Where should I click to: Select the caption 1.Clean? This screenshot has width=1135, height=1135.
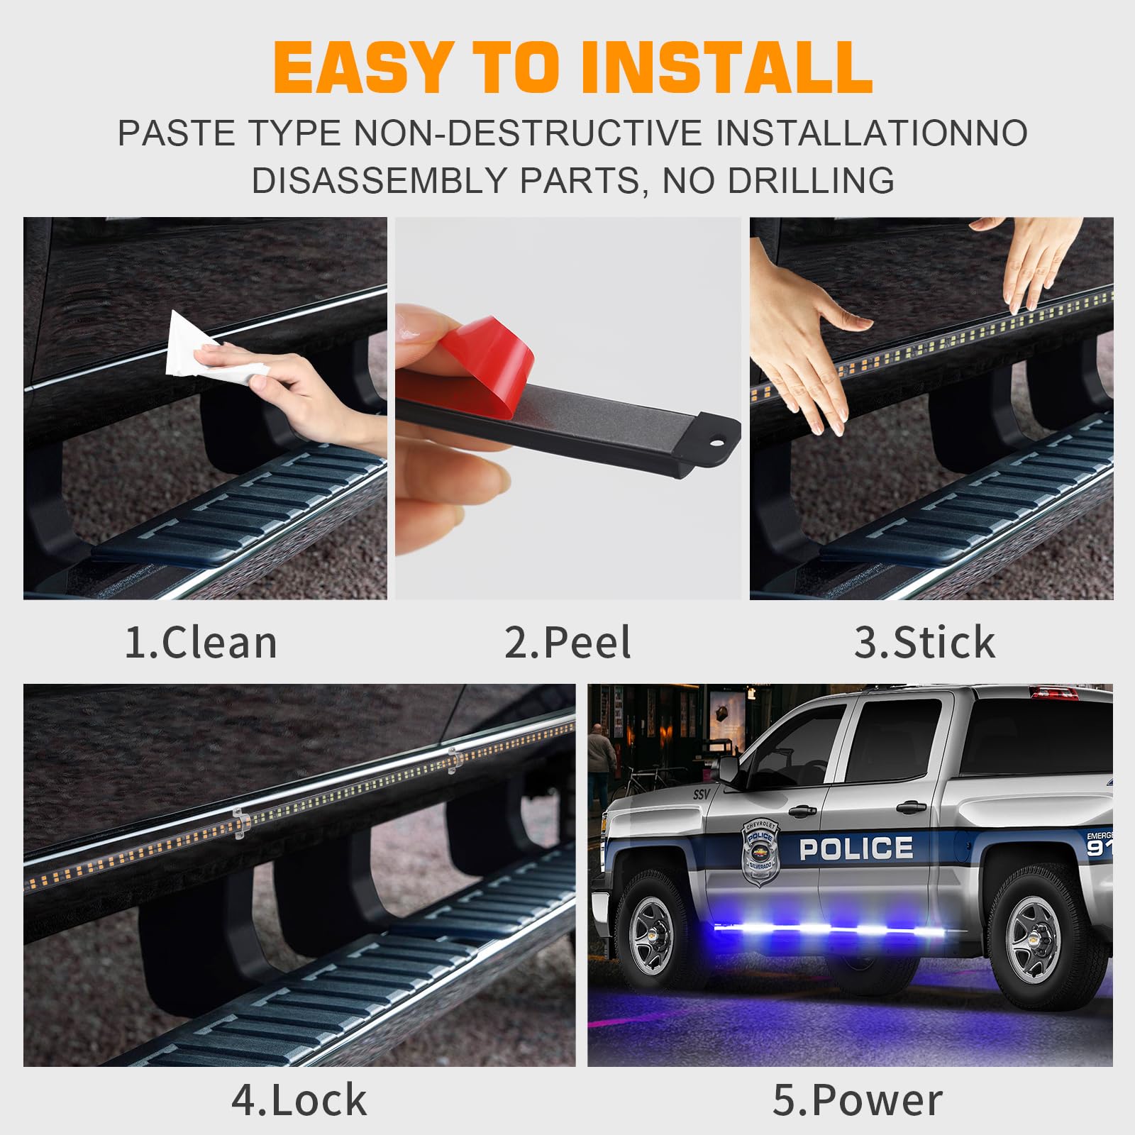pos(201,643)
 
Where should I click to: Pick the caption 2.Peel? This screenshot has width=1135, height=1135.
pos(567,643)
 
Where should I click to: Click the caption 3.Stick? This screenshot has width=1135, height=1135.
pos(924,643)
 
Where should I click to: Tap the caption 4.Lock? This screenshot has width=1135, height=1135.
pos(299,1100)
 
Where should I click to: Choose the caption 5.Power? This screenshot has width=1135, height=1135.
pos(857,1100)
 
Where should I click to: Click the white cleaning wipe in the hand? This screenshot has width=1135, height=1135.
pos(206,348)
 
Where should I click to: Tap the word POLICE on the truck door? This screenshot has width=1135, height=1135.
pos(856,848)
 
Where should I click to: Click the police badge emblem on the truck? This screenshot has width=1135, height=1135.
pos(760,851)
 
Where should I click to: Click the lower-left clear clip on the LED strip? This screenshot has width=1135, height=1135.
pos(240,823)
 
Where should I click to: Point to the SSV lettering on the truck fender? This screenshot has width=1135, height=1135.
pos(701,794)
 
